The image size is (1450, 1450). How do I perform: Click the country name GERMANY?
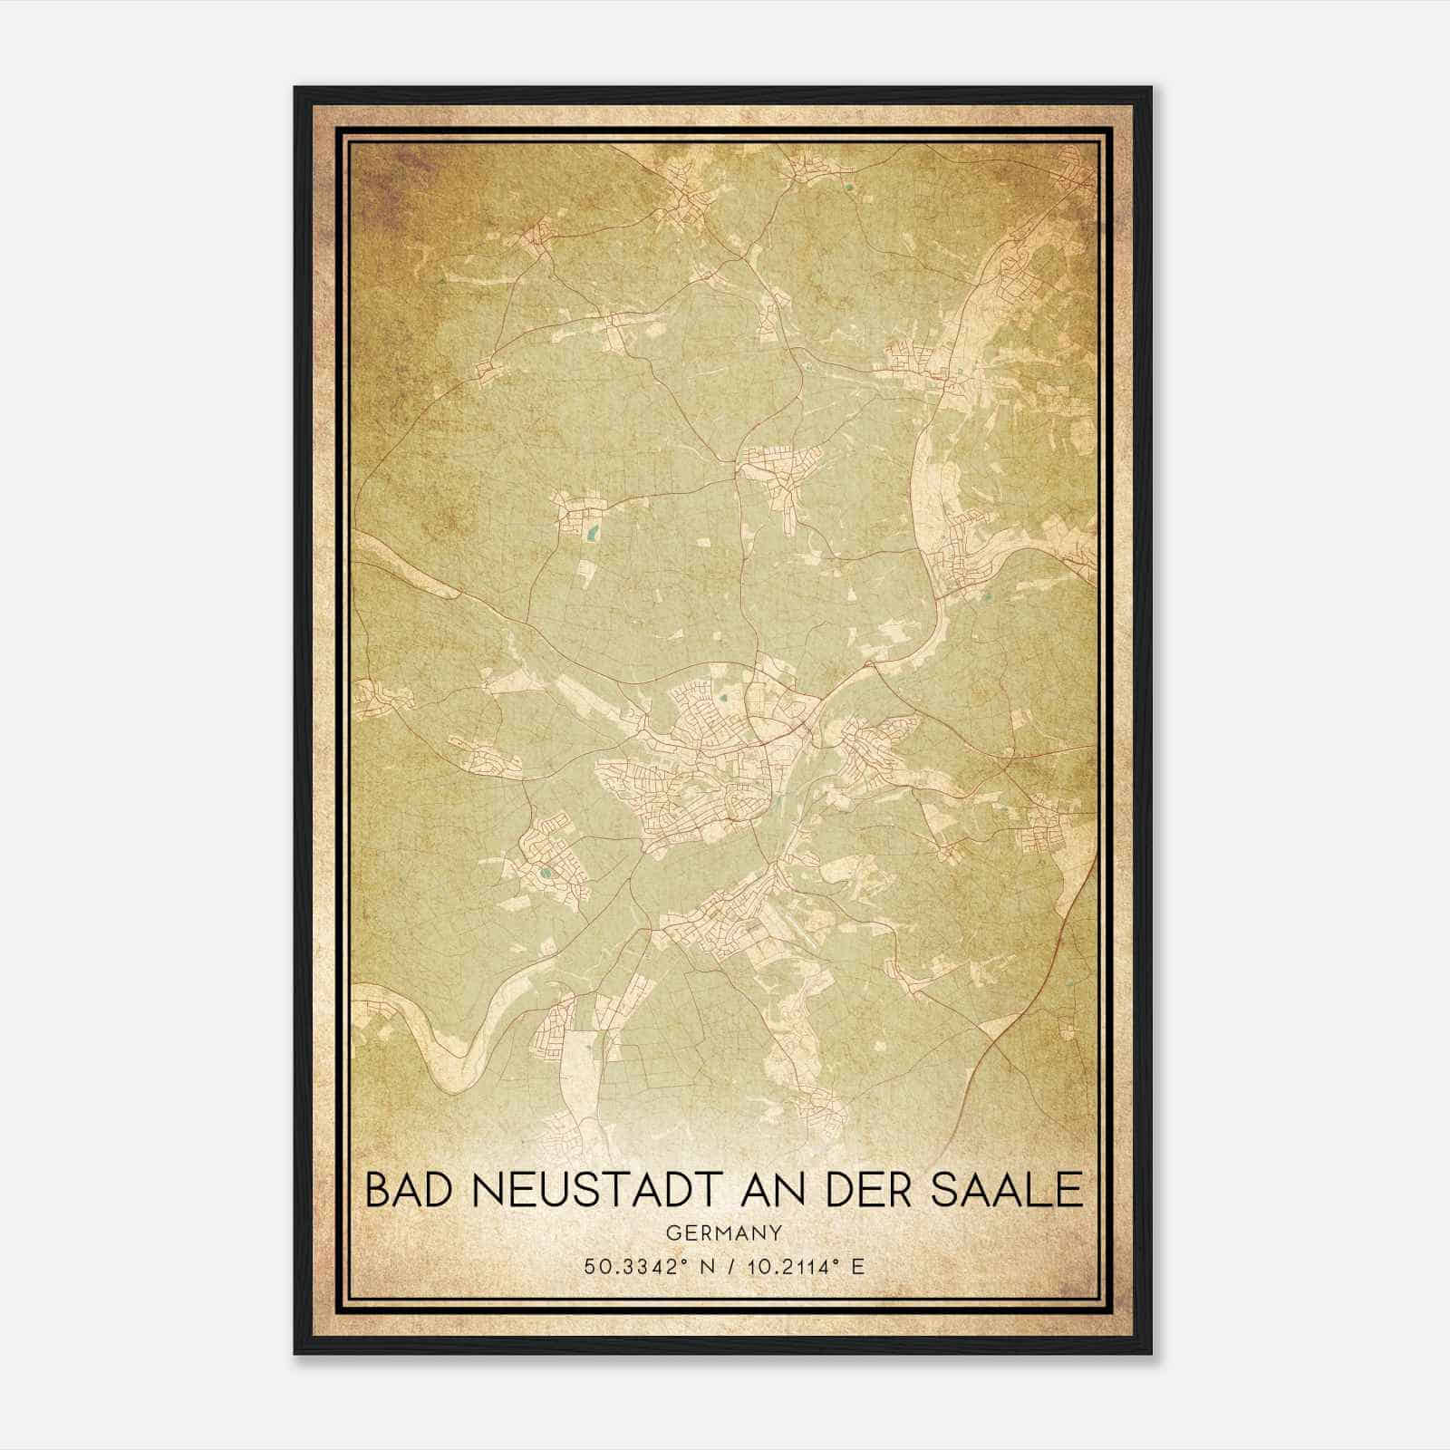click(724, 1232)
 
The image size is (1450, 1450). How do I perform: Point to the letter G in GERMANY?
click(672, 1232)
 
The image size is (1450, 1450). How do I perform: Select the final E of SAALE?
click(1072, 1189)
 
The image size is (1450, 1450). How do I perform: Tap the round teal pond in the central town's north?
click(726, 698)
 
